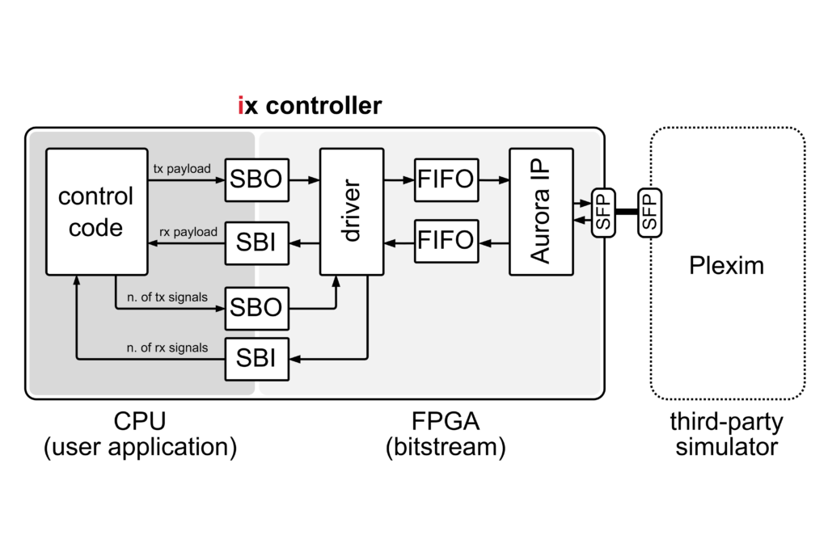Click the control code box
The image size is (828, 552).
click(x=96, y=211)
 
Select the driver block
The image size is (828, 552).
click(x=351, y=211)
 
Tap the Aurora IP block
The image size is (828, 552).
click(x=541, y=211)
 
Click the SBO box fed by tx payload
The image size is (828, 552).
click(x=256, y=180)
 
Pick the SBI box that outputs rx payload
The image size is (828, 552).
click(x=256, y=241)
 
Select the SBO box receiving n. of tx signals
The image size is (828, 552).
click(x=256, y=308)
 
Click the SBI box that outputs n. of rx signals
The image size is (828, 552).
click(x=256, y=358)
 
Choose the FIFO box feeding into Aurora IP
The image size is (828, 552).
click(x=446, y=180)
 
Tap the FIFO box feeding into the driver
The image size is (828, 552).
click(x=446, y=241)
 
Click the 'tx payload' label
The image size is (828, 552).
click(x=181, y=169)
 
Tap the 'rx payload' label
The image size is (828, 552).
click(x=188, y=231)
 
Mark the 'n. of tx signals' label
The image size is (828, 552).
click(x=167, y=297)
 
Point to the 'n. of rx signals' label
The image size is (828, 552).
click(x=167, y=348)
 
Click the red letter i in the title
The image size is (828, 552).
click(x=241, y=106)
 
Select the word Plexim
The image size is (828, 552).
click(x=726, y=265)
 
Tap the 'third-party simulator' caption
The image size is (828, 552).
click(x=726, y=435)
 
